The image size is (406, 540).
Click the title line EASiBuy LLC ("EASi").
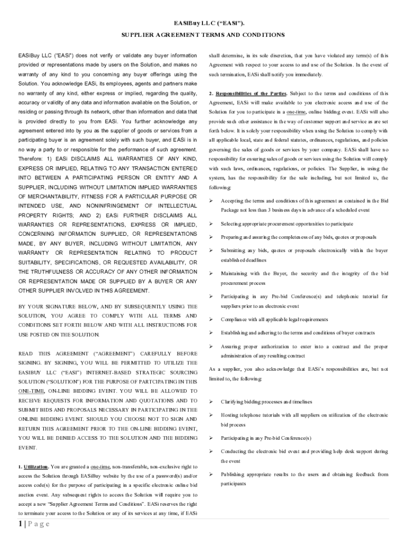(x=202, y=24)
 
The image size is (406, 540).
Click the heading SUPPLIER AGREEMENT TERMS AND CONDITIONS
(x=202, y=35)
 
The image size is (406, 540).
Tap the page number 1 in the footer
(x=19, y=524)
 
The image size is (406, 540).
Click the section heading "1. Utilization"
(x=34, y=467)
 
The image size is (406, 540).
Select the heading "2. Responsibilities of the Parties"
(x=248, y=93)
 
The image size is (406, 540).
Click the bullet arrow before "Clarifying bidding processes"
(x=211, y=402)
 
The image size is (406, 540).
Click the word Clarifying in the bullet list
(x=233, y=402)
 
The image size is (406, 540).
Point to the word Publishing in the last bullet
(x=234, y=475)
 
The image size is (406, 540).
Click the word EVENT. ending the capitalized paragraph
(x=28, y=448)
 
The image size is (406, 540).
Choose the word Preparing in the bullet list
(x=233, y=237)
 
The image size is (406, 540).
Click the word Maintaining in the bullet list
(x=235, y=274)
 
